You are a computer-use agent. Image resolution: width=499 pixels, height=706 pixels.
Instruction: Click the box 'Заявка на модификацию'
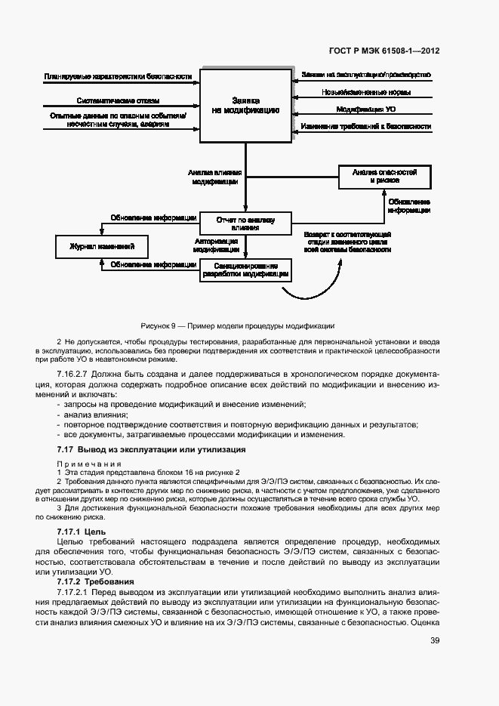245,105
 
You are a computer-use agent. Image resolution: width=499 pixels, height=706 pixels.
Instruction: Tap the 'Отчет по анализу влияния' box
245,223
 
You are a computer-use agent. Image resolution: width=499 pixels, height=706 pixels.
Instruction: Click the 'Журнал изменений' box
102,247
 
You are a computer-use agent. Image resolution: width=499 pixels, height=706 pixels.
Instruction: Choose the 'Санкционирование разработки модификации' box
245,270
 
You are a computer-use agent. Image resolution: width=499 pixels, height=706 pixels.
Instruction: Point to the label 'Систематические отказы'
118,100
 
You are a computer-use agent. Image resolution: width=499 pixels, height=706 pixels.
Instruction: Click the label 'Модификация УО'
366,109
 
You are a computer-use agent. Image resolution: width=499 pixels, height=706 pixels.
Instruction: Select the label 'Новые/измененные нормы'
366,92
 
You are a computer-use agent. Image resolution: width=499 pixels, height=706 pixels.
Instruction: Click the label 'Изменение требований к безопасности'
366,126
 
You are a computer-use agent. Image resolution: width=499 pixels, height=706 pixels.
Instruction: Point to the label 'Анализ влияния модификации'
216,177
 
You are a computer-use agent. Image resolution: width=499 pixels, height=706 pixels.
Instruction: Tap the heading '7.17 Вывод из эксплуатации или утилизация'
151,449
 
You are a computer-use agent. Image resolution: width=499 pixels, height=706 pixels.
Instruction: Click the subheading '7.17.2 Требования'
95,582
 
